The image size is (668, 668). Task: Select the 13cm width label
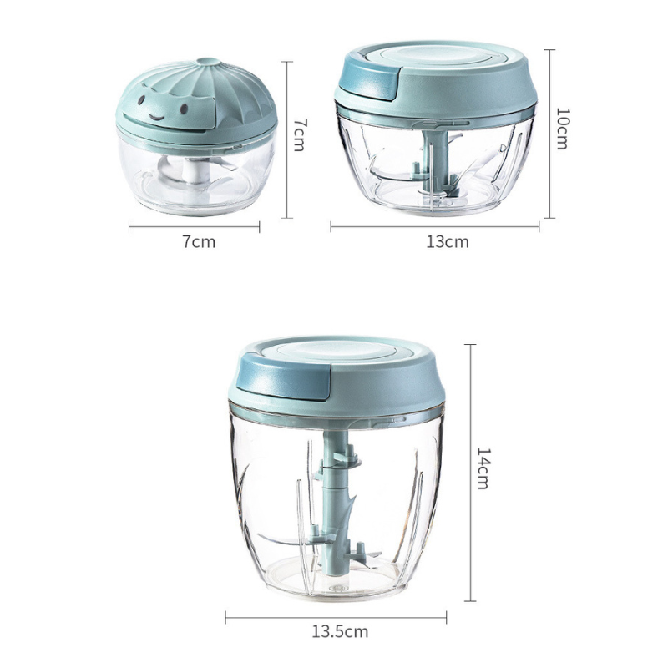(447, 242)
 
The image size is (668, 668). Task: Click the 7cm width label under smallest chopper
(199, 242)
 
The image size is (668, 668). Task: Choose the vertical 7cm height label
(300, 134)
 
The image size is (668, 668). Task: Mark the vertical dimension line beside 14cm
(469, 472)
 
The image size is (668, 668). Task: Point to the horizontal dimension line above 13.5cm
(336, 616)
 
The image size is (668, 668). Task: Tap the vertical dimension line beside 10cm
(550, 134)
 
